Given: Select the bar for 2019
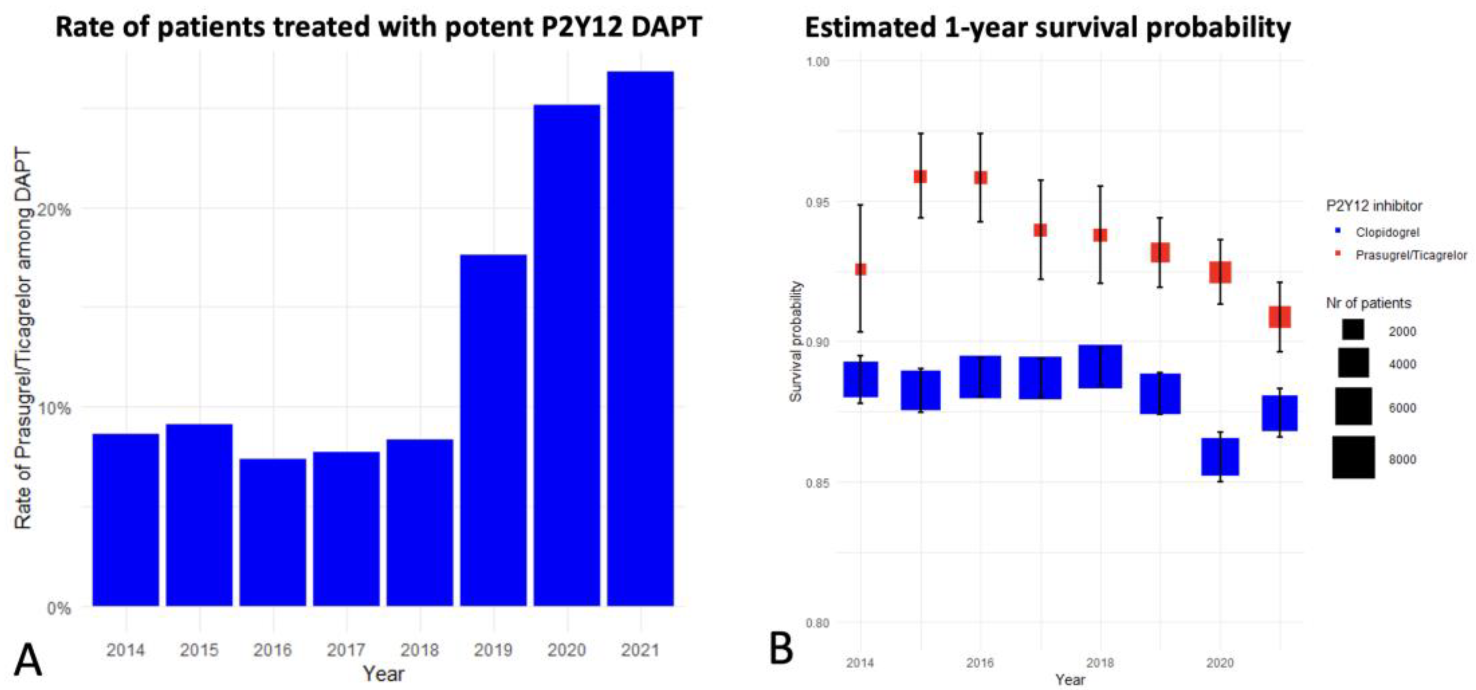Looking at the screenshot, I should point(493,430).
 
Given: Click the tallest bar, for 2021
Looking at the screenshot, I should point(640,338).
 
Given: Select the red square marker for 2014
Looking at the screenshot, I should point(860,269).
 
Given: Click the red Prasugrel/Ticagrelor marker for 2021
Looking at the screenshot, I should point(1279,317).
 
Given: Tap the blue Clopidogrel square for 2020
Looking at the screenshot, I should point(1220,457).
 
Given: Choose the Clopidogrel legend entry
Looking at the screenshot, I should point(1387,232).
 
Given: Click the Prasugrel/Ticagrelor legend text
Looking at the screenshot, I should point(1411,255).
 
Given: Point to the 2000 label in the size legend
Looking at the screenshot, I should point(1402,331).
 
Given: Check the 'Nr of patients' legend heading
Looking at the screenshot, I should point(1368,303).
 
